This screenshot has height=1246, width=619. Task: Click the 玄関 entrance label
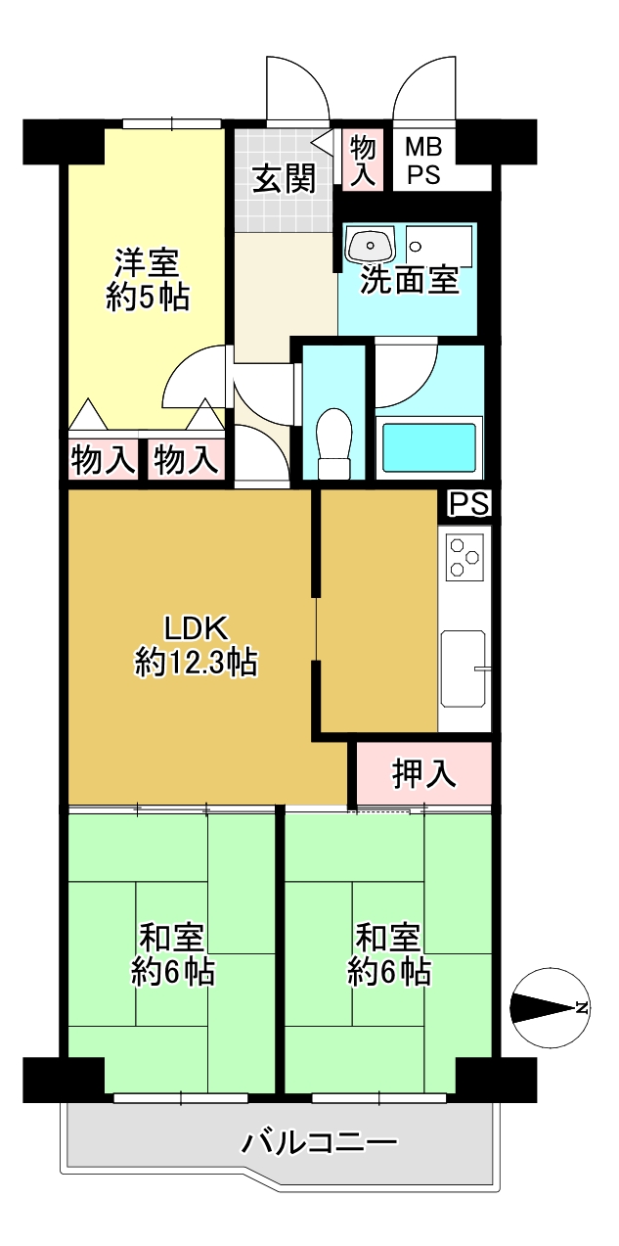(x=284, y=178)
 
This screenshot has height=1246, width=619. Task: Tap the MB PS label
(x=423, y=162)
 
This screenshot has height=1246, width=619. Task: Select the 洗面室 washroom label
(x=410, y=280)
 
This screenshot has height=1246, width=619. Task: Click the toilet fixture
(x=334, y=443)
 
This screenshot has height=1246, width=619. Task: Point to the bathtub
(x=429, y=447)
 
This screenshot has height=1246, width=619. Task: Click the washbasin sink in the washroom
(x=370, y=244)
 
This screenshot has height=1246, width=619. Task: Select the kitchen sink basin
(x=463, y=669)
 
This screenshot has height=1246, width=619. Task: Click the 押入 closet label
(x=424, y=774)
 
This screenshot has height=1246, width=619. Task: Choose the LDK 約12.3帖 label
(x=196, y=645)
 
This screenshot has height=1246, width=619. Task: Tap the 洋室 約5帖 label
(x=148, y=280)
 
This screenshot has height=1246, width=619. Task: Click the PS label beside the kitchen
(x=469, y=503)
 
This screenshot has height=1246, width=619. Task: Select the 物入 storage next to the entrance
(x=362, y=162)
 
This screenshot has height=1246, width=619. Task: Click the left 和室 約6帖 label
(x=172, y=954)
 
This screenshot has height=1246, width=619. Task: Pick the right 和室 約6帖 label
(x=389, y=954)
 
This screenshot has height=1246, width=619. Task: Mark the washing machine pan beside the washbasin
(x=439, y=245)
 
